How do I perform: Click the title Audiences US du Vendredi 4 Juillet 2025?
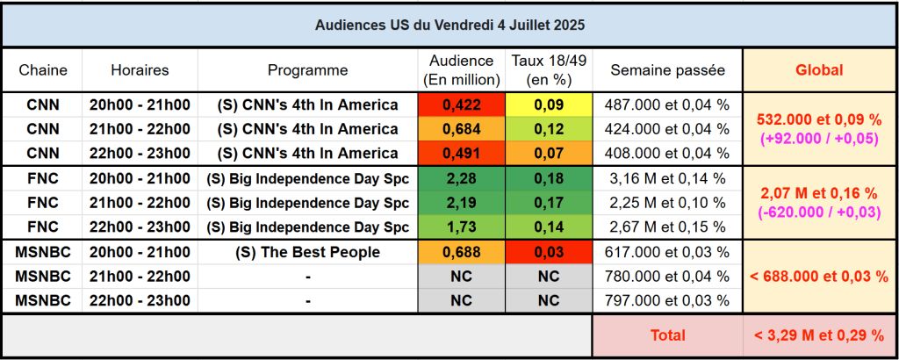(x=449, y=25)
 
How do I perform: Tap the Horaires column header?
(x=140, y=70)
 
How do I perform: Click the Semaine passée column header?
(x=667, y=70)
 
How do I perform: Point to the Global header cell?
(x=818, y=70)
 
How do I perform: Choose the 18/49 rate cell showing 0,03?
(x=548, y=253)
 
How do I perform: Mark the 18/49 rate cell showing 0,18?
(x=548, y=179)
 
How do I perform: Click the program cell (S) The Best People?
(x=307, y=253)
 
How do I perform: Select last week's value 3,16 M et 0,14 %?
(x=667, y=179)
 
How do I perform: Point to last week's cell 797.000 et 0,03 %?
(x=667, y=300)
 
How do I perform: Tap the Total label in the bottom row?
(x=667, y=335)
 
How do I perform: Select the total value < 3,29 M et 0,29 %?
(x=818, y=335)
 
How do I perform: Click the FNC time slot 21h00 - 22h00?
(x=140, y=203)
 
